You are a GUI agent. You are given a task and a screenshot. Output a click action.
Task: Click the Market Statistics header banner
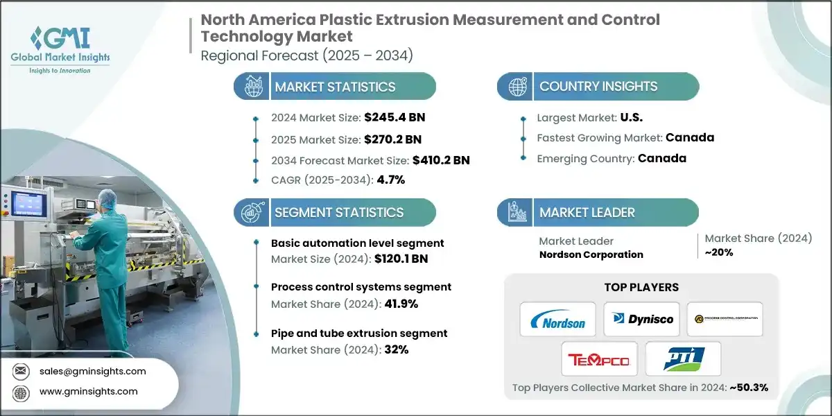coord(335,87)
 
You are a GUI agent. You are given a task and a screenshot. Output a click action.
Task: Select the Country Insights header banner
coord(598,87)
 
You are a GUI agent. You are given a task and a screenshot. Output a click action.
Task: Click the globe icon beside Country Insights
coord(517,87)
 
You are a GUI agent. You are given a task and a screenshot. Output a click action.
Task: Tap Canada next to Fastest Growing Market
coord(689,137)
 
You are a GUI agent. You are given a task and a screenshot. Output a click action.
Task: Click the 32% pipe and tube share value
coord(393,349)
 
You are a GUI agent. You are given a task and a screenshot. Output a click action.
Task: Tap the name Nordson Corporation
coord(591,254)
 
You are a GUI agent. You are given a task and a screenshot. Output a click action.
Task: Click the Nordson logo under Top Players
coord(557,320)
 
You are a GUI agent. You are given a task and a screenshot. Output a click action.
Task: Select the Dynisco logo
coord(641,320)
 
